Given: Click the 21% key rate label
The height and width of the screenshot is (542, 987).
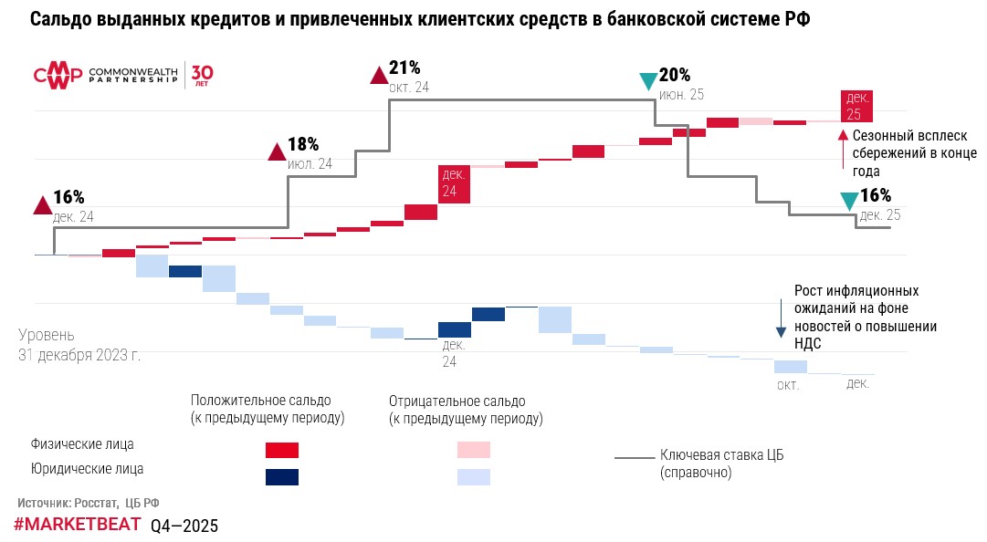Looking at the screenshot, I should pos(404,68).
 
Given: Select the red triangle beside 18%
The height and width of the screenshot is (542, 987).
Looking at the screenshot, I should pos(277,151).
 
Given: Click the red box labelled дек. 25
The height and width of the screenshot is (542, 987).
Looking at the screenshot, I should pos(856,106).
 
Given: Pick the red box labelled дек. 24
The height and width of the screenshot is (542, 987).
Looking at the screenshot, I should pos(454,183).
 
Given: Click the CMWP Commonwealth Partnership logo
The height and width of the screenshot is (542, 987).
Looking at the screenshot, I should pos(105,75).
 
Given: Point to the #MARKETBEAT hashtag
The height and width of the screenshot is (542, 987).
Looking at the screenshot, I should pos(78,525).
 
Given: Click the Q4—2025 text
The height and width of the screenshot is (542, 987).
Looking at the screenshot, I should pos(184,526).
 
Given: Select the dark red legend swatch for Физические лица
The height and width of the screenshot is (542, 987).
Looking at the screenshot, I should pos(282,450).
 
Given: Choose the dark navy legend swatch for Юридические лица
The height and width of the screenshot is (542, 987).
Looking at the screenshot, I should pos(282,476).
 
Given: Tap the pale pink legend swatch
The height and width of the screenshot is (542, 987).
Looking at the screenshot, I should pos(474,450).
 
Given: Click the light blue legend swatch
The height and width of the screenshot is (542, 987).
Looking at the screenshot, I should pos(474,476).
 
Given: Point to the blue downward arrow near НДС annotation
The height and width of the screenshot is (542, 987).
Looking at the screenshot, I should pos(782,317).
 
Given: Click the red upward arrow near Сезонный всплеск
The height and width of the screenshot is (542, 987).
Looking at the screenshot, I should pos(843,150).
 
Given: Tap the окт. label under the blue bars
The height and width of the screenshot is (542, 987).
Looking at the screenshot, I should pos(788,385).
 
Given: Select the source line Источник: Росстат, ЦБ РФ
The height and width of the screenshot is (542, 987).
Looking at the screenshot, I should pos(89,503).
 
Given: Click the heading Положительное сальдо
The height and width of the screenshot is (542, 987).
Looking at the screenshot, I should pos(261,401).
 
